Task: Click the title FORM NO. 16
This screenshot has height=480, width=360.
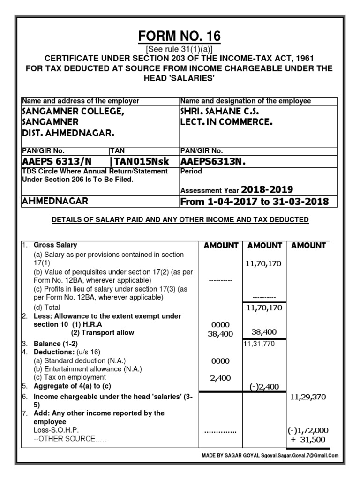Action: tap(179, 36)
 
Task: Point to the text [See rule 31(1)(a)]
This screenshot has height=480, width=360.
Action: tap(179, 50)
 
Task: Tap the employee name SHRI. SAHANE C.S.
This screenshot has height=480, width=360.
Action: tap(220, 112)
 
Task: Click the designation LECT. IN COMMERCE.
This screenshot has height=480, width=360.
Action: tap(226, 123)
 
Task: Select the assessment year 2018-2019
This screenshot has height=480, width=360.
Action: tap(267, 190)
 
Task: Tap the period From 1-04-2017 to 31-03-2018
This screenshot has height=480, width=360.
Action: tap(255, 202)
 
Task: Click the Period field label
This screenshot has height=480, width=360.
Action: tap(191, 172)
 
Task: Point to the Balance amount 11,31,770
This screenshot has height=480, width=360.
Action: tap(259, 344)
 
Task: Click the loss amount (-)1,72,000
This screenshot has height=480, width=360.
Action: tap(308, 430)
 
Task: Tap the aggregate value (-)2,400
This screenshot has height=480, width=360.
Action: tap(261, 387)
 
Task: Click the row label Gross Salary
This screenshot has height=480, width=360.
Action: tap(55, 245)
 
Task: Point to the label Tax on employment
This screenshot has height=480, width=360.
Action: tap(70, 377)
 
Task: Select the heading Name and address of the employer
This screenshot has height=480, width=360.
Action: tap(81, 101)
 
